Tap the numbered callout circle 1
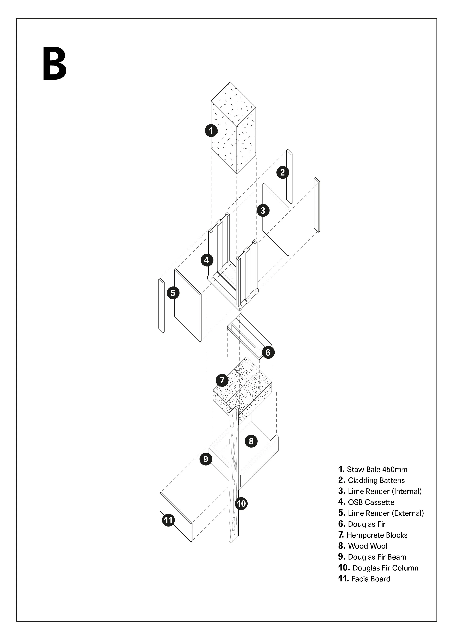(211, 130)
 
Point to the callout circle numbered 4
(207, 260)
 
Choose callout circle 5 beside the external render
(173, 293)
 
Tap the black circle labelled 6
(268, 353)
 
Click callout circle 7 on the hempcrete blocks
(222, 380)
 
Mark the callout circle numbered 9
(206, 459)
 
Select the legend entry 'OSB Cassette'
(371, 502)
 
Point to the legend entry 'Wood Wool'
(368, 546)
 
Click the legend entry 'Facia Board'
(370, 579)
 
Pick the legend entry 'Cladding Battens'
(376, 480)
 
